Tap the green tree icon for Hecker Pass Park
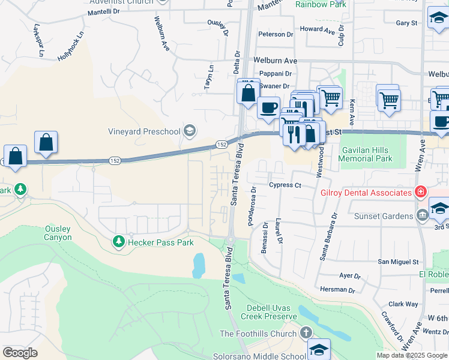tap(118, 242)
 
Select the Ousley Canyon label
tap(58, 233)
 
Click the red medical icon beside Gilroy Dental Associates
tap(421, 192)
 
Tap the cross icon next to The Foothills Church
tap(306, 333)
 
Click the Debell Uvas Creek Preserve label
tap(271, 312)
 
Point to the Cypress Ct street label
tap(285, 185)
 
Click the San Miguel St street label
tap(397, 262)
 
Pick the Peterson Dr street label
tap(276, 34)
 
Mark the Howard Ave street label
tap(317, 29)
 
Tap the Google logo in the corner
tap(20, 353)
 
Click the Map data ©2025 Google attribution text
tap(412, 355)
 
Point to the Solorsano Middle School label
tap(259, 356)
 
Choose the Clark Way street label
tap(403, 304)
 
